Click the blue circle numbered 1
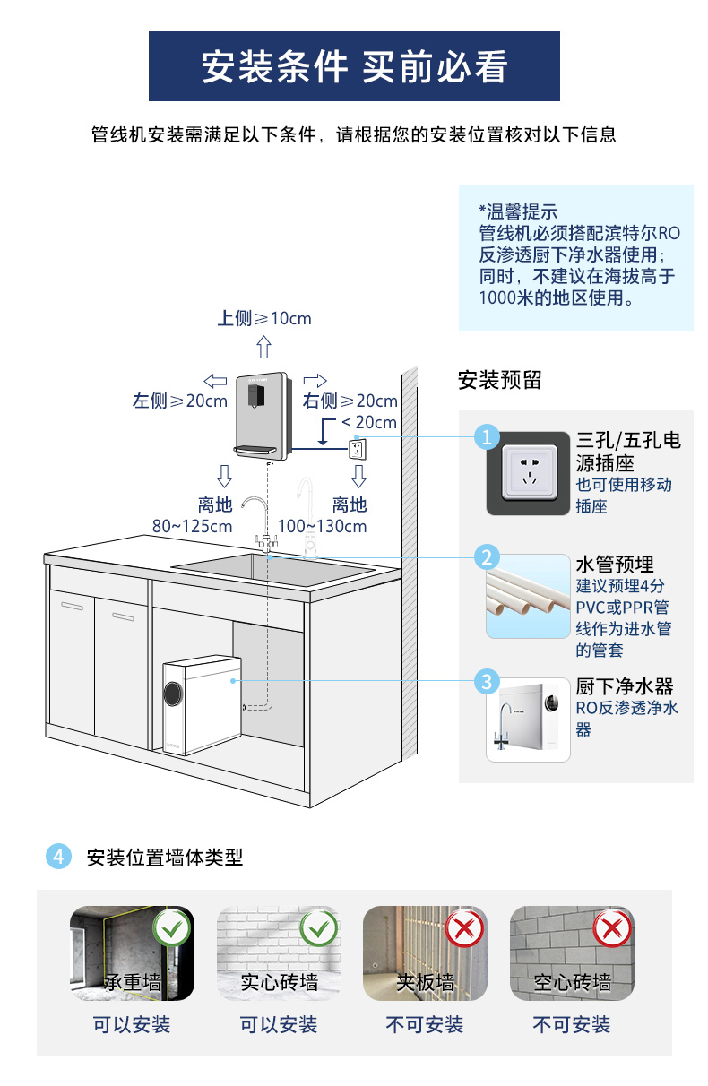pyautogui.click(x=487, y=437)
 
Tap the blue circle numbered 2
pyautogui.click(x=487, y=557)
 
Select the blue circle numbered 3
pyautogui.click(x=487, y=681)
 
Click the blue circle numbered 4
pyautogui.click(x=58, y=857)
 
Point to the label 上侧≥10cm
pyautogui.click(x=264, y=318)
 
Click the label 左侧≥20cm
pyautogui.click(x=180, y=401)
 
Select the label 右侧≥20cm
pyautogui.click(x=350, y=401)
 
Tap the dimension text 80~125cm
pyautogui.click(x=192, y=526)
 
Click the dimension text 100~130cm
pyautogui.click(x=323, y=526)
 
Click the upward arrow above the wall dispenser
pyautogui.click(x=263, y=347)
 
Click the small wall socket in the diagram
pyautogui.click(x=358, y=446)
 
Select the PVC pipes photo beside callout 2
pyautogui.click(x=528, y=597)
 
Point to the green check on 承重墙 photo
pyautogui.click(x=172, y=928)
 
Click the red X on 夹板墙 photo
pyautogui.click(x=464, y=928)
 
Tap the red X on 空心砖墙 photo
pyautogui.click(x=612, y=928)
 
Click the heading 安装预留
pyautogui.click(x=499, y=380)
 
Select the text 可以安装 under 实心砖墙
pyautogui.click(x=278, y=1024)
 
